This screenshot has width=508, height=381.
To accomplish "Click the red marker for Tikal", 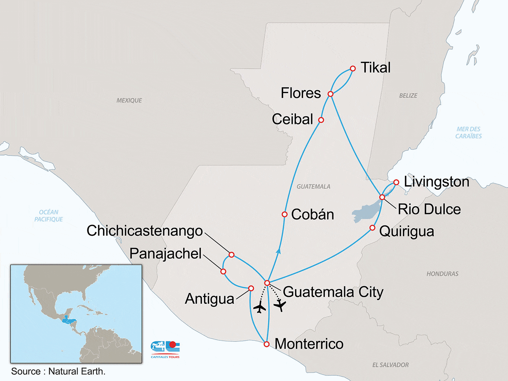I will [353, 68].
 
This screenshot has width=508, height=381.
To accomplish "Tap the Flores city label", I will [301, 93].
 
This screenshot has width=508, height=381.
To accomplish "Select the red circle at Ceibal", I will [321, 120].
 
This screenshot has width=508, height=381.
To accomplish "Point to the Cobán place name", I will [312, 214].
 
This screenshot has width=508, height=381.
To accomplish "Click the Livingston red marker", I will [396, 183].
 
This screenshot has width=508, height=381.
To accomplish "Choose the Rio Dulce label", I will [429, 209].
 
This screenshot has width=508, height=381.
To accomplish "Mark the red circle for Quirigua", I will [372, 228].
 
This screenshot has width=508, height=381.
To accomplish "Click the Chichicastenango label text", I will [145, 231].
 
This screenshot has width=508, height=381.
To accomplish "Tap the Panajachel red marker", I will [223, 272].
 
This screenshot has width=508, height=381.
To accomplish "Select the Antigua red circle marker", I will [251, 289].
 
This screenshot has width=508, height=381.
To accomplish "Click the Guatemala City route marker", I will [267, 283].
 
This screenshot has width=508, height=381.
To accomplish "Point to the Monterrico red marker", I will [267, 344].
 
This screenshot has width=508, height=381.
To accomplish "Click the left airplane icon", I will [259, 308].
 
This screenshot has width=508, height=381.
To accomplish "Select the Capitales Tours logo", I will [165, 349].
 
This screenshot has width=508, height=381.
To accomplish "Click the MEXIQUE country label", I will [129, 101].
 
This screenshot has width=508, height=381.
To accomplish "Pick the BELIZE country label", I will [408, 96].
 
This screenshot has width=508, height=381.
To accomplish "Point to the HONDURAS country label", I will [442, 274].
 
